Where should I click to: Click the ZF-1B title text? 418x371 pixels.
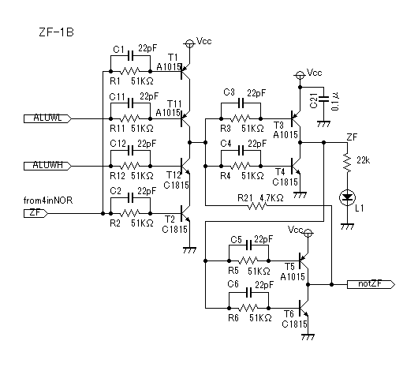[56, 32]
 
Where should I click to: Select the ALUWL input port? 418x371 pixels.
[47, 118]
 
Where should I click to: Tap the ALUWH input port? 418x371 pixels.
[47, 166]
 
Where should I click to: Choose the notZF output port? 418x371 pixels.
[371, 284]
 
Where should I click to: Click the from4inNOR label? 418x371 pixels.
[48, 200]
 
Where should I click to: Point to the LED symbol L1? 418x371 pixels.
[347, 197]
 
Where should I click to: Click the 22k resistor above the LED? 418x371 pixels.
[347, 163]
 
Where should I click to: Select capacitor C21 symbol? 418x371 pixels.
[324, 99]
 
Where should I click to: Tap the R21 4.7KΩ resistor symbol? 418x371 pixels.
[258, 205]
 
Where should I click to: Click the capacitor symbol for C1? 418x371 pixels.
[130, 56]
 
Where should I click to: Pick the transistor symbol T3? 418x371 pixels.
[296, 118]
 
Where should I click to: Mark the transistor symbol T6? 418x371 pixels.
[304, 309]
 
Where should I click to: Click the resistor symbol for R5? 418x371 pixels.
[248, 260]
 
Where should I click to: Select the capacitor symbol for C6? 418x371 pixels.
[249, 293]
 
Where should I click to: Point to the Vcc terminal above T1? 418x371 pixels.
[189, 43]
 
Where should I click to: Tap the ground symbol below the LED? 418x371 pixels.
[347, 227]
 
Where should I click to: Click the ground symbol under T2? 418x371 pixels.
[189, 250]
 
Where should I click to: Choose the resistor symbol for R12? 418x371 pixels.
[130, 166]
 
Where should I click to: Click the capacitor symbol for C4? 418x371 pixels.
[241, 151]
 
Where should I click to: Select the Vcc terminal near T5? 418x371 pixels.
[308, 233]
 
